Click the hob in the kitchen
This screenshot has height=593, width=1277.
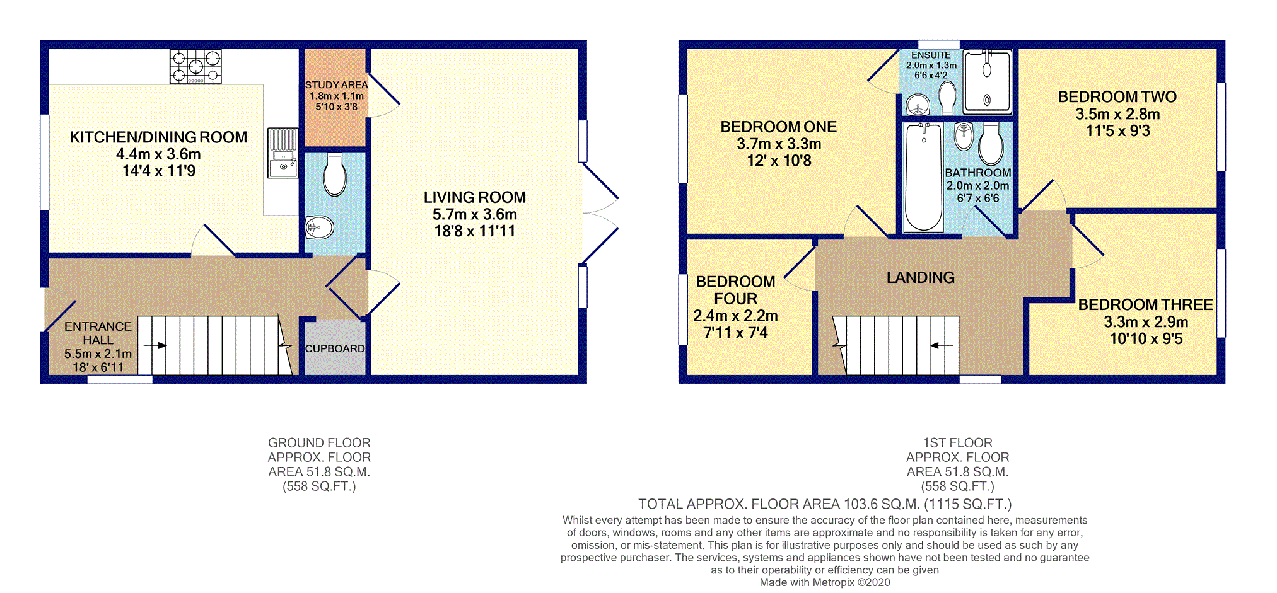195,67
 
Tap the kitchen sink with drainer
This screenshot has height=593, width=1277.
283,153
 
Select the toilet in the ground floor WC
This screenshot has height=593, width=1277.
335,174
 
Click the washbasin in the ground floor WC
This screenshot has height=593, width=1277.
319,227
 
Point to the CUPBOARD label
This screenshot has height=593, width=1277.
335,348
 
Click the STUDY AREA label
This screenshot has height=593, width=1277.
336,84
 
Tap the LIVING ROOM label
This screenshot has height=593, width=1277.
475,197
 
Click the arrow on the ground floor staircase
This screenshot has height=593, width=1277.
155,345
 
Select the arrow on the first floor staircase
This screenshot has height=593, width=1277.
942,345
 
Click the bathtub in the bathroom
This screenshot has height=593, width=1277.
924,177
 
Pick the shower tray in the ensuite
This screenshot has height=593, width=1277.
988,81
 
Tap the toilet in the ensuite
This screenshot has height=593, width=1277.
947,98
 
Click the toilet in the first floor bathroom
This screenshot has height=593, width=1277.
991,143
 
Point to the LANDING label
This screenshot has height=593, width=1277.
921,277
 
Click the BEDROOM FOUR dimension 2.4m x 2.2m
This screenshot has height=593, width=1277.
735,316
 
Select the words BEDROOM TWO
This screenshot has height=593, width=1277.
1117,97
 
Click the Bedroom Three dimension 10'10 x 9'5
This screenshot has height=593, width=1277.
1146,339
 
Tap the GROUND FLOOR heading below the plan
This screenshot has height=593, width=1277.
319,443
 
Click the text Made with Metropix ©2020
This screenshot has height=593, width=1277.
825,582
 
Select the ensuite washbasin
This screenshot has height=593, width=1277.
918,105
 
